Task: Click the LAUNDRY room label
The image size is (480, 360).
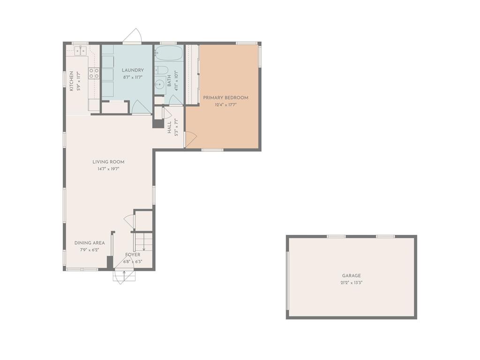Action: (133, 70)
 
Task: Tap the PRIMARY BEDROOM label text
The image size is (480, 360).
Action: (225, 97)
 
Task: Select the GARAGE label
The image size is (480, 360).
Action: (352, 276)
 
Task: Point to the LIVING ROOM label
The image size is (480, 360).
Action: (109, 162)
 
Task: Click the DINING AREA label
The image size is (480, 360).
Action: (90, 243)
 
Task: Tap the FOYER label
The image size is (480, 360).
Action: (133, 255)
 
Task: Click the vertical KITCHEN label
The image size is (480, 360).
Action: (71, 81)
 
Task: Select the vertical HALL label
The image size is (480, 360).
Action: (169, 127)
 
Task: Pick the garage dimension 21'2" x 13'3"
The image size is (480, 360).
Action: (352, 283)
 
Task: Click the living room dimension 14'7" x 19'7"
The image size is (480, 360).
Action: (108, 169)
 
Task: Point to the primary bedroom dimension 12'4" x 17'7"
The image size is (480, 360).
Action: (225, 105)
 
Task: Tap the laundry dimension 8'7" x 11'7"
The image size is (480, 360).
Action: (133, 77)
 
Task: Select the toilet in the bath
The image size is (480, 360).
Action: (161, 70)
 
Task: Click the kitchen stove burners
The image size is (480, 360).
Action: (94, 73)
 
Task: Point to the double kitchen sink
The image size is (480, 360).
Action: (81, 51)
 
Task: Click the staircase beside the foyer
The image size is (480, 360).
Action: (143, 242)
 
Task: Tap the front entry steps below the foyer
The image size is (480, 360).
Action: (124, 276)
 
